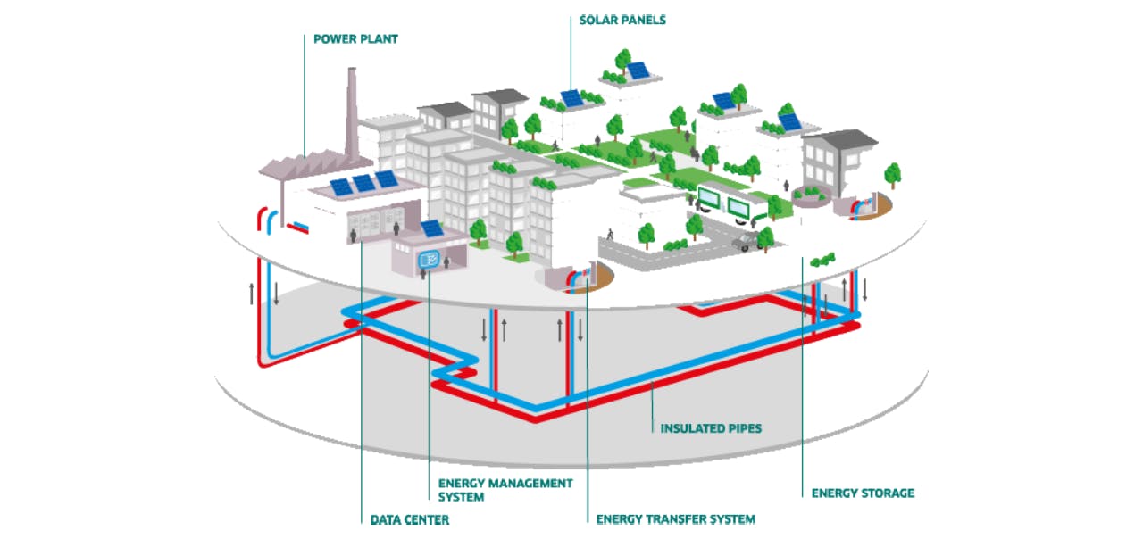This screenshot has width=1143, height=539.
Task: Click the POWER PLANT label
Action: (355, 39)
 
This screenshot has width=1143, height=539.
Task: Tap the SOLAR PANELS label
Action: (622, 20)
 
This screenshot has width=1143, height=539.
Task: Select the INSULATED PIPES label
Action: (711, 428)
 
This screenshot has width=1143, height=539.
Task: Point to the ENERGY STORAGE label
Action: (863, 493)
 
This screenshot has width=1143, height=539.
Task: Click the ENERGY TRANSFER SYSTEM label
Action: (675, 518)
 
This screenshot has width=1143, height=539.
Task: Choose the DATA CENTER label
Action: (410, 519)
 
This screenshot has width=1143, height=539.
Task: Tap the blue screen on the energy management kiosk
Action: (429, 261)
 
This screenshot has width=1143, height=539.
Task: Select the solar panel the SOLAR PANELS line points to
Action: (571, 97)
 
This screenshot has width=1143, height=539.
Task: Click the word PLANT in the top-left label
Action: (380, 39)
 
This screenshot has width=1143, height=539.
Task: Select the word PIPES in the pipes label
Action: (743, 428)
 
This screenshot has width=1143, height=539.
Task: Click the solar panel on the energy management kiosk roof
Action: (431, 228)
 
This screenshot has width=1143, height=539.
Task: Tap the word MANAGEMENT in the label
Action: (527, 483)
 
